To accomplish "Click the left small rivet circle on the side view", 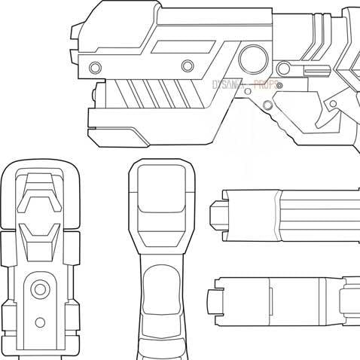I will click(x=95, y=67).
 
